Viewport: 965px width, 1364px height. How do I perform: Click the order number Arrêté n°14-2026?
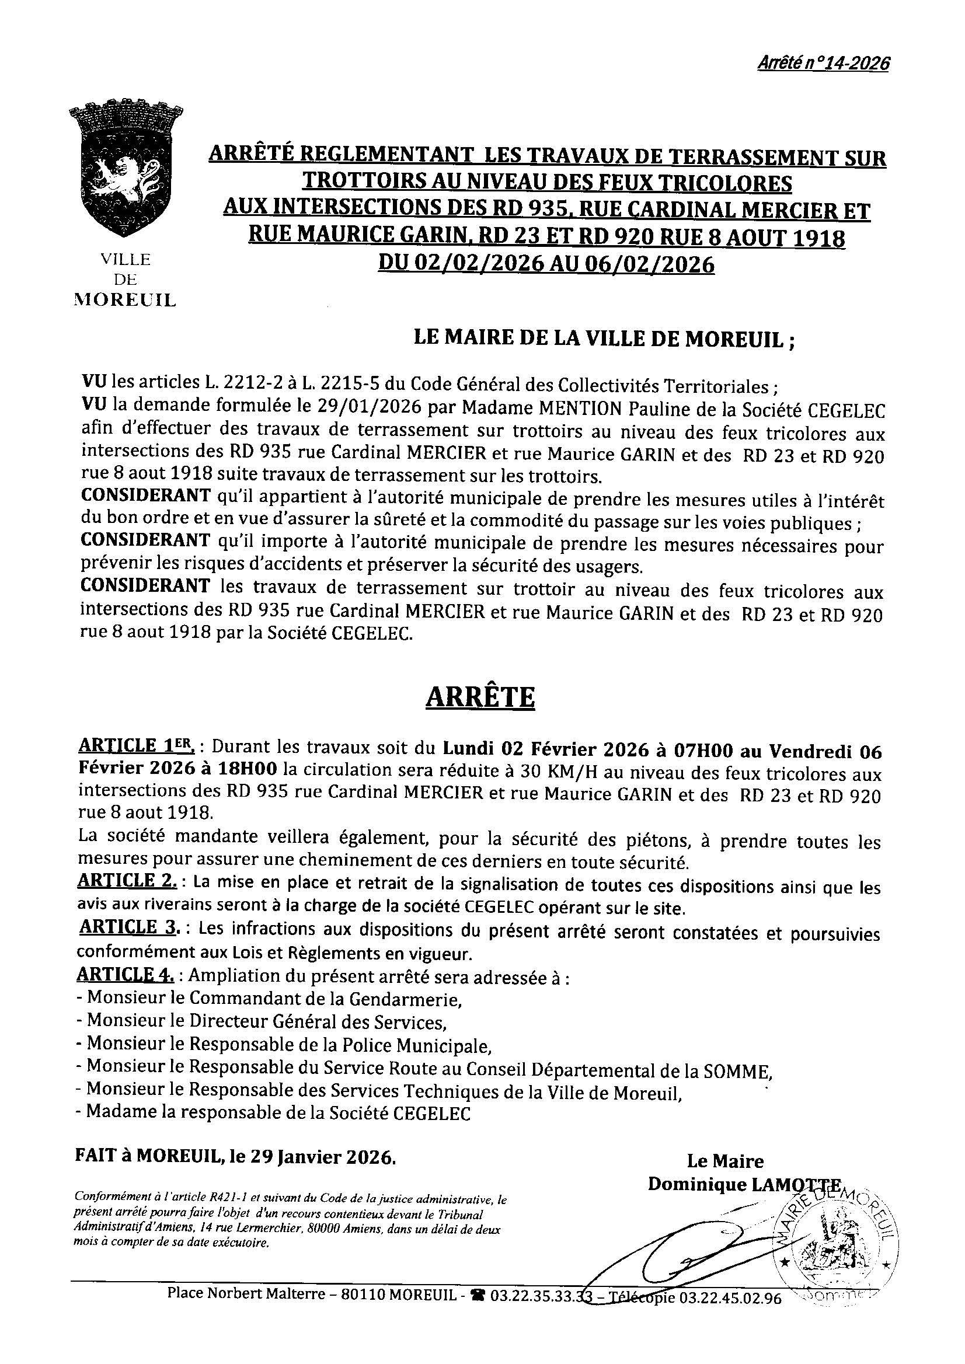coord(823,64)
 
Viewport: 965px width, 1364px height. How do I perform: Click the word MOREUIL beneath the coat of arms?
coord(125,301)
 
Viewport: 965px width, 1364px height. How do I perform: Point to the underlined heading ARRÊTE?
coord(480,696)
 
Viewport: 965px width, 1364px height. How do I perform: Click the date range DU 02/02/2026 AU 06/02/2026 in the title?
coord(546,263)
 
